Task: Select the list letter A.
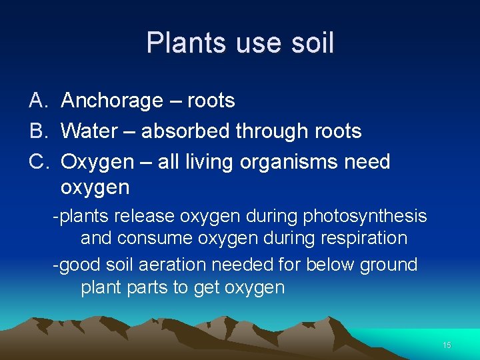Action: [37, 101]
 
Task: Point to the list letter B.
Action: [37, 131]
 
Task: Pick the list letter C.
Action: [37, 162]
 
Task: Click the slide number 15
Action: [447, 345]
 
